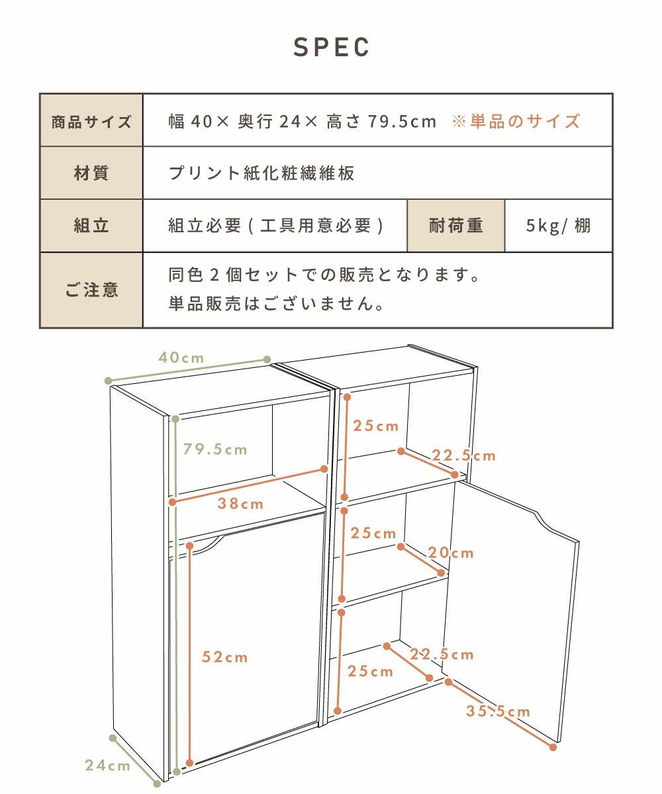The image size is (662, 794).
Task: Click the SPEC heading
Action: tap(331, 47)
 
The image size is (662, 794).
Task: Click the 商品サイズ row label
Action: tap(91, 122)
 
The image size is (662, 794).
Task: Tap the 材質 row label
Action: tap(91, 173)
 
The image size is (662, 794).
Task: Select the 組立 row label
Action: tap(91, 226)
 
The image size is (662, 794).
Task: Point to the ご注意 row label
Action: tap(91, 290)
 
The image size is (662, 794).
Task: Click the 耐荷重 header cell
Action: tap(456, 226)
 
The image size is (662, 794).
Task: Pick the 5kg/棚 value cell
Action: tap(559, 226)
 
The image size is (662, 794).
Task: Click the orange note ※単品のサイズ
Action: tap(516, 122)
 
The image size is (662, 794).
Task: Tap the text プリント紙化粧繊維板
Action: tap(261, 173)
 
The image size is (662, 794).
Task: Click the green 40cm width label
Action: tap(181, 358)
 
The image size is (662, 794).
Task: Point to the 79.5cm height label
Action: tap(215, 449)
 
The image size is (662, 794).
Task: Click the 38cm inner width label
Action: tap(241, 504)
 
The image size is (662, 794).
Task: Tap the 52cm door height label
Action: tap(225, 657)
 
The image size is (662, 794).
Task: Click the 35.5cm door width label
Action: tap(498, 711)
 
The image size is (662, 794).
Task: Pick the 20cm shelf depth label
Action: tap(451, 553)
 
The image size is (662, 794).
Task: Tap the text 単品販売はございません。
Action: tap(277, 304)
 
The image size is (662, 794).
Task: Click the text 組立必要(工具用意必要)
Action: tap(276, 226)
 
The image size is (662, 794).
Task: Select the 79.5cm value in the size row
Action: tap(402, 122)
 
